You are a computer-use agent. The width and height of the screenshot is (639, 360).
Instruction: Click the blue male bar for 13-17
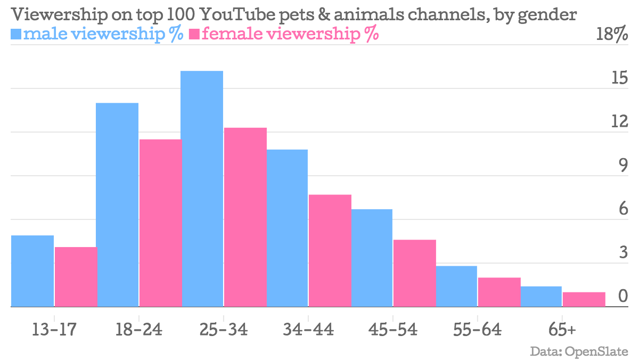[x=32, y=271]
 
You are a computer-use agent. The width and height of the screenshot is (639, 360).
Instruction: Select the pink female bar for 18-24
[x=160, y=223]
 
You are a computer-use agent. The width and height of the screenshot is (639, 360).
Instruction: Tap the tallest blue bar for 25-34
[x=202, y=189]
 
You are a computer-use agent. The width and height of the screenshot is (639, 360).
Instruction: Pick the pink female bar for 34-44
[x=330, y=251]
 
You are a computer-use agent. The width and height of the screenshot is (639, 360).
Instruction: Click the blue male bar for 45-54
[x=372, y=258]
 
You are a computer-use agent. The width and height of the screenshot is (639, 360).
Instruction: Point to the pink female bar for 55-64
[x=499, y=292]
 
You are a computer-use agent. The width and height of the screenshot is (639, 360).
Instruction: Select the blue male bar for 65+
[x=541, y=297]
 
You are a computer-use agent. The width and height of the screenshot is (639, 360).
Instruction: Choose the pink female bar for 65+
[x=584, y=299]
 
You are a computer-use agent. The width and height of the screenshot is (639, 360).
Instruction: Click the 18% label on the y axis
[x=612, y=35]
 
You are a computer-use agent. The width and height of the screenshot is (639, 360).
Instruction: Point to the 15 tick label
[x=619, y=79]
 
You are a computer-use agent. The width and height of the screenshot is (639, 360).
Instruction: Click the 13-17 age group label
[x=54, y=330]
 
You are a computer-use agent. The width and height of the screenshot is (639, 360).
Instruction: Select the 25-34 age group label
[x=224, y=330]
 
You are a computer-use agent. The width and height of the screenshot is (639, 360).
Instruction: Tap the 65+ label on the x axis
[x=562, y=330]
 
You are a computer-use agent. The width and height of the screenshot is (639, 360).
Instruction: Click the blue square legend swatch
[x=16, y=35]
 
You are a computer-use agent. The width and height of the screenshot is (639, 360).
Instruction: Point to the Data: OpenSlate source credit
[x=579, y=351]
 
